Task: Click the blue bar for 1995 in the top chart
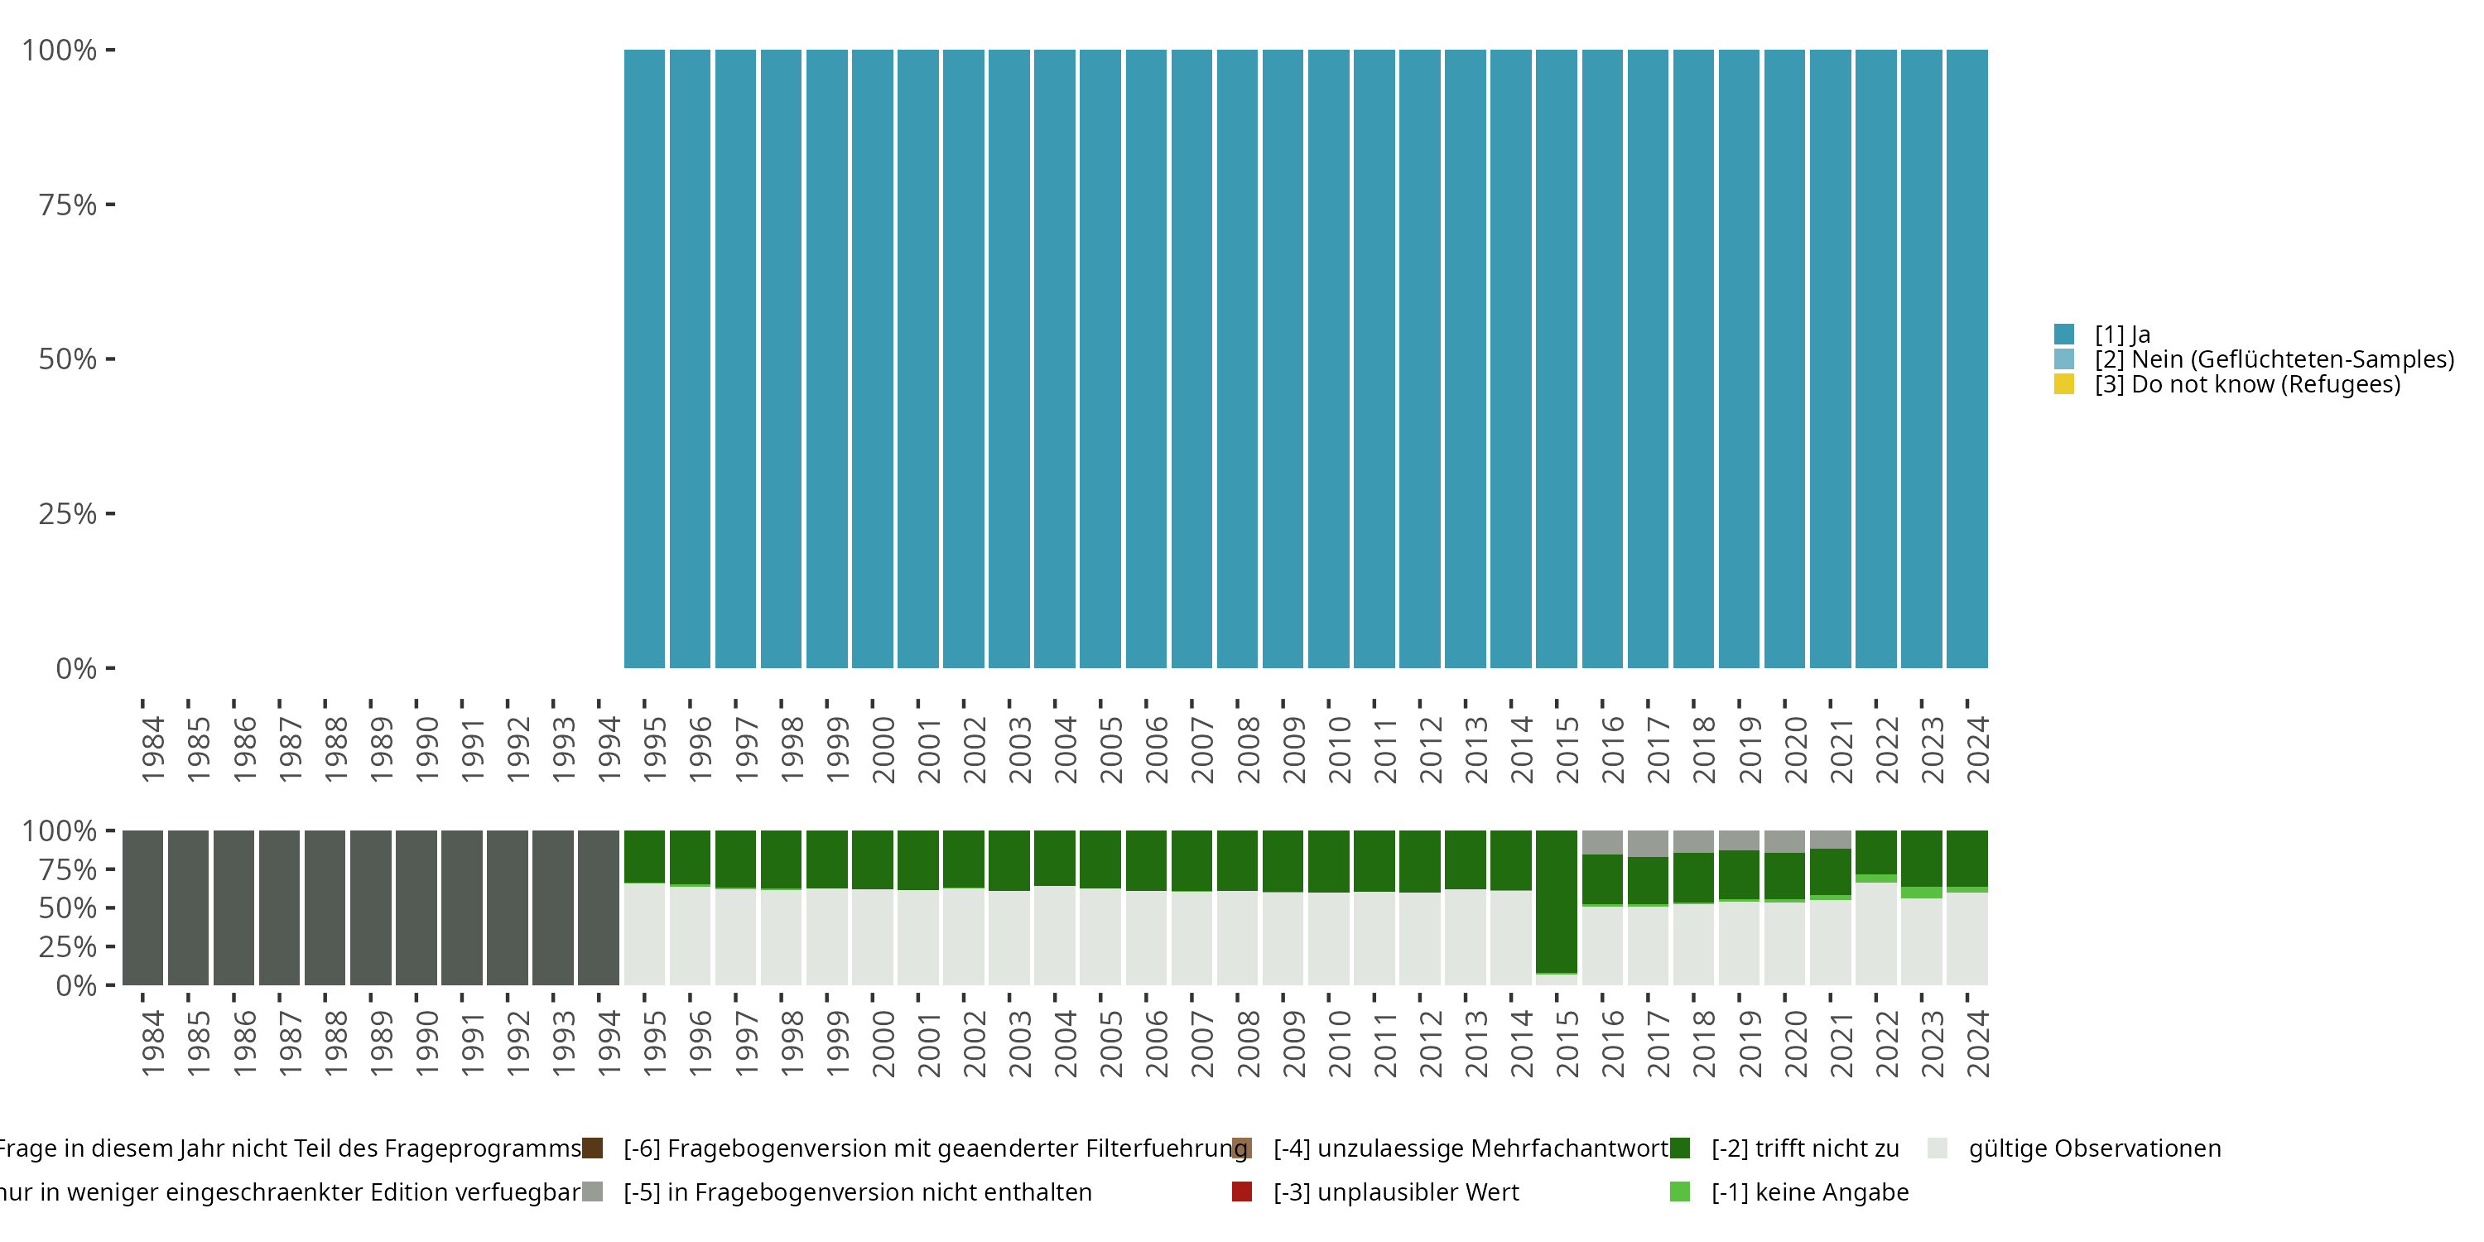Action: pos(644,359)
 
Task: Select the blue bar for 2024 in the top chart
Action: pos(1967,359)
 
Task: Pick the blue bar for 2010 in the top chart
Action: pos(1329,359)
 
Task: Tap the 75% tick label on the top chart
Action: pos(68,205)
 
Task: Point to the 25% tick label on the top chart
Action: pos(68,513)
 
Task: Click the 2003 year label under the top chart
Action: pos(1019,749)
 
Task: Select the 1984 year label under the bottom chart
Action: pos(152,1043)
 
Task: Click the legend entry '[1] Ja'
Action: pos(2121,335)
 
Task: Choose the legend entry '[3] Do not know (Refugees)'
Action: pos(2247,384)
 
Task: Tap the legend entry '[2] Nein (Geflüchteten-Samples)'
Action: pos(2274,359)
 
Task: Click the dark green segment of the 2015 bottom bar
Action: pos(1557,902)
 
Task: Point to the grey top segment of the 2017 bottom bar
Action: pos(1648,843)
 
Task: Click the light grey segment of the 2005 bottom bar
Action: pos(1100,936)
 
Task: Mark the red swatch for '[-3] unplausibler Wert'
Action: pos(1242,1191)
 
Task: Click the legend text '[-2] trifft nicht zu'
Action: pos(1805,1148)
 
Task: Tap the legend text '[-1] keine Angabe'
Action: pos(1810,1191)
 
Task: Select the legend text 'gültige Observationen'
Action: pos(2095,1148)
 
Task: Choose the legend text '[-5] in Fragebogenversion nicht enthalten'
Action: pos(857,1191)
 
